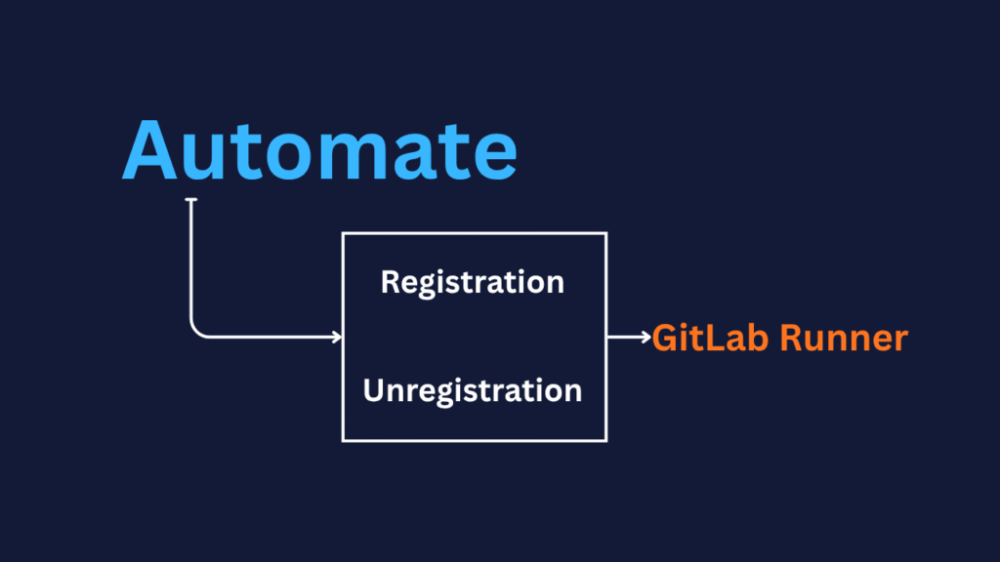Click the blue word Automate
pyautogui.click(x=318, y=150)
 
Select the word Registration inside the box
pyautogui.click(x=473, y=282)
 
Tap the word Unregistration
pyautogui.click(x=473, y=391)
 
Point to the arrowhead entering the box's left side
pyautogui.click(x=337, y=338)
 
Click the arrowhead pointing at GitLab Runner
pyautogui.click(x=646, y=338)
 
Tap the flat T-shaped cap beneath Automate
pyautogui.click(x=191, y=200)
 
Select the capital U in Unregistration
pyautogui.click(x=374, y=391)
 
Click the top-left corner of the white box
pyautogui.click(x=342, y=233)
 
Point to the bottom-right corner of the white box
pyautogui.click(x=606, y=440)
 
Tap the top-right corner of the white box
pyautogui.click(x=606, y=233)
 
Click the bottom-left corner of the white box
pyautogui.click(x=342, y=440)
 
